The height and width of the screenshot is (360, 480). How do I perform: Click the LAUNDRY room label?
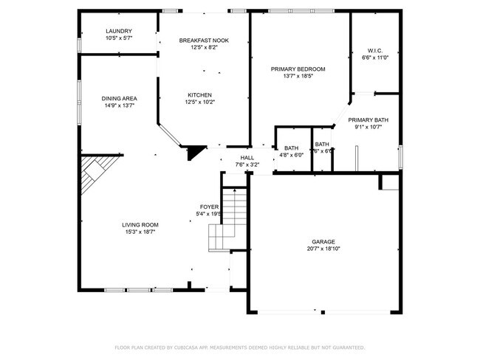click(x=98, y=31)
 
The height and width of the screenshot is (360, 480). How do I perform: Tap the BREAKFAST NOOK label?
click(x=204, y=41)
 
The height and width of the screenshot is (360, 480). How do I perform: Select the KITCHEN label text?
click(x=199, y=95)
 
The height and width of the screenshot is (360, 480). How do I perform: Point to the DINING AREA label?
click(x=120, y=98)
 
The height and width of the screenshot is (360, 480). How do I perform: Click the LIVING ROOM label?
click(x=140, y=225)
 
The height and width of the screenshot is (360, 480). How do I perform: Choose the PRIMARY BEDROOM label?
click(x=298, y=69)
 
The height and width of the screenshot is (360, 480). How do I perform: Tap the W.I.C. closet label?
click(x=374, y=51)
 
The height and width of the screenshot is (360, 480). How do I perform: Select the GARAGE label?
click(x=323, y=242)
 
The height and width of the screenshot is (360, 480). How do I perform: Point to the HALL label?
click(x=247, y=158)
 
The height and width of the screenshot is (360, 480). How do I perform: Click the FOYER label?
click(x=208, y=207)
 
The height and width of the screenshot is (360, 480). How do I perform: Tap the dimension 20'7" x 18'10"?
click(x=323, y=249)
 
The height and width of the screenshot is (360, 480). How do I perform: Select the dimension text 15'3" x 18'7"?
click(x=140, y=232)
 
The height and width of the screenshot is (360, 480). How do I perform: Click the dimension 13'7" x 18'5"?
click(x=298, y=76)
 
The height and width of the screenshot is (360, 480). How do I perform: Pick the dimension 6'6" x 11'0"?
click(x=374, y=58)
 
